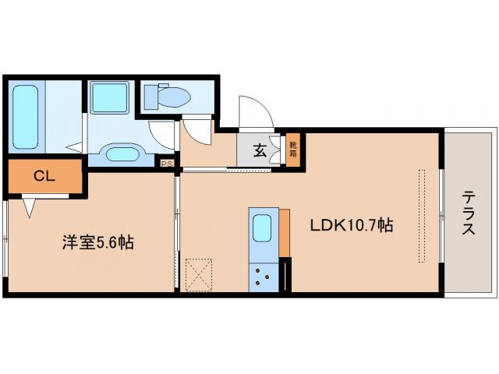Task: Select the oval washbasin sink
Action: click(120, 153)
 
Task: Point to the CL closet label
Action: click(44, 176)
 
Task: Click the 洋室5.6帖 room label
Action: click(97, 242)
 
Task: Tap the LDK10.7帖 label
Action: click(352, 227)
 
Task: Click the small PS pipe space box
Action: click(166, 163)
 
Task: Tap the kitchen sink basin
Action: click(262, 229)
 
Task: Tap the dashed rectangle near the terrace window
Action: click(424, 215)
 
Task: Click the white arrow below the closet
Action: click(30, 207)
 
